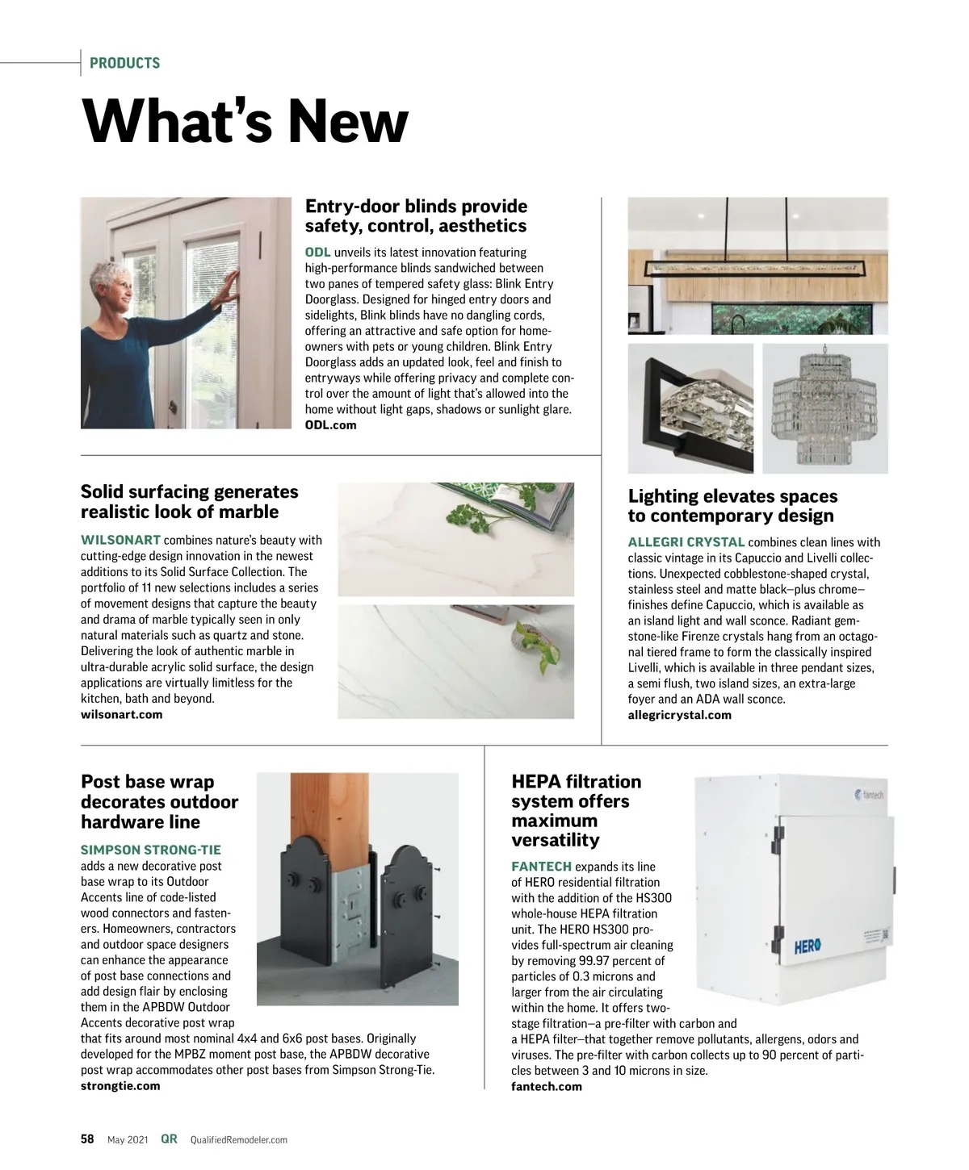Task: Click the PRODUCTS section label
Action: pos(124,63)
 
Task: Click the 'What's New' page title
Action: pos(245,122)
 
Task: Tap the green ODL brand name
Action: pos(317,253)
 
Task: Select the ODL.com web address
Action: pos(330,425)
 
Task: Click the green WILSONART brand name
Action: pos(120,540)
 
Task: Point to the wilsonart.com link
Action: pos(121,714)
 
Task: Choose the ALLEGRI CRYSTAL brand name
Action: pos(686,542)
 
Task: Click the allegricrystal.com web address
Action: pos(679,715)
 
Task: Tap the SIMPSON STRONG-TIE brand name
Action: pos(150,850)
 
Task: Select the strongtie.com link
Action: pos(120,1085)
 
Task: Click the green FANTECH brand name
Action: pos(541,867)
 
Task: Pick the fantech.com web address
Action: pos(546,1086)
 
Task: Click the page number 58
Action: pos(87,1139)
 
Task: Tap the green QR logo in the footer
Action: pos(169,1139)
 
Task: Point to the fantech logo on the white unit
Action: pos(868,795)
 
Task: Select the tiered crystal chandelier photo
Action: pos(824,408)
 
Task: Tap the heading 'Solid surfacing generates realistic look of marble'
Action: pos(189,502)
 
